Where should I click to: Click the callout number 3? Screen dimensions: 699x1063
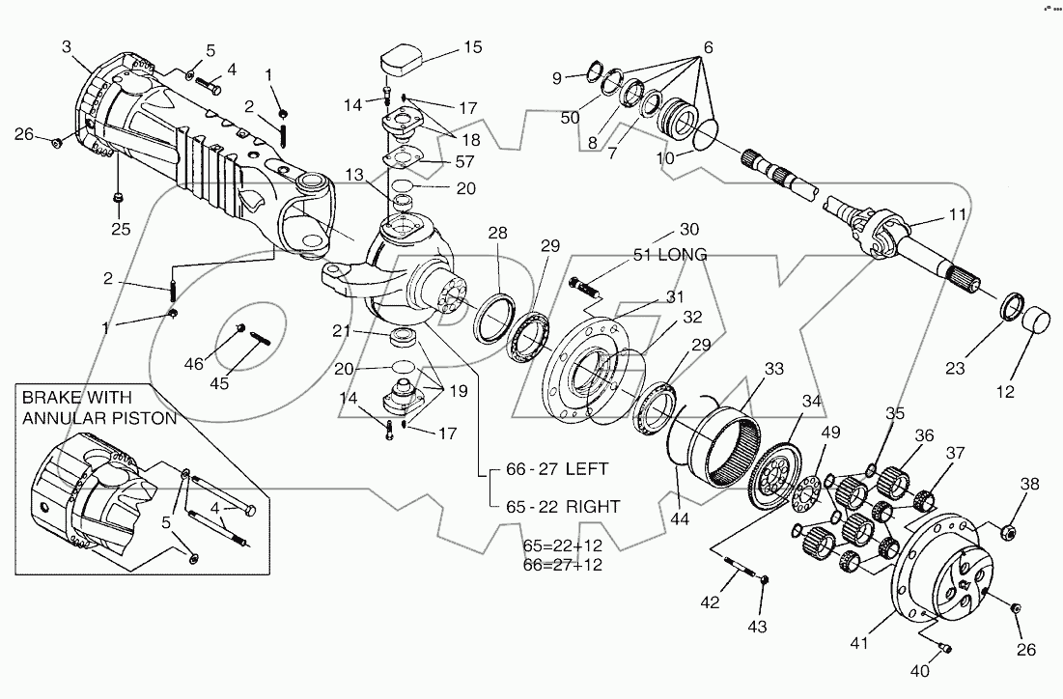67,45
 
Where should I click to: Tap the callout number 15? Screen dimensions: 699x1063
471,46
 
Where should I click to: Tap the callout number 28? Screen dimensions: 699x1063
497,234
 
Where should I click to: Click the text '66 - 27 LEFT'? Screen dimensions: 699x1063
557,469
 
